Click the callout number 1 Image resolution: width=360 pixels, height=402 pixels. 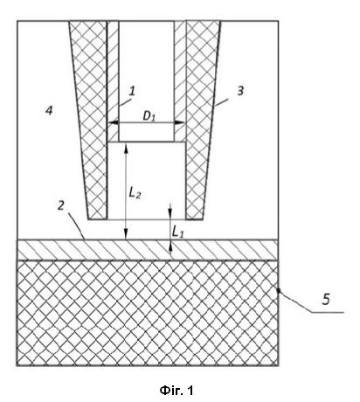point(132,91)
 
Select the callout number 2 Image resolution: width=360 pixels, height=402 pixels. point(61,205)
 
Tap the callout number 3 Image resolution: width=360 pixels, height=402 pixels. point(240,91)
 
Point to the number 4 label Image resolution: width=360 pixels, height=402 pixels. point(49,110)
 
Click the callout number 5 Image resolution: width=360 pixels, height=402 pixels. point(326,299)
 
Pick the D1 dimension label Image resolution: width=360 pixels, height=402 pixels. point(149,116)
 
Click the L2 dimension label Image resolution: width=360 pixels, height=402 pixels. point(135,193)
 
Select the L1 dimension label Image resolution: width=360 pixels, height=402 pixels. point(177,232)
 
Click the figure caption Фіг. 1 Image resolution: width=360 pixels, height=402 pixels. point(177,390)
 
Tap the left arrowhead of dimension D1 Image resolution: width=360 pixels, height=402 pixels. point(113,122)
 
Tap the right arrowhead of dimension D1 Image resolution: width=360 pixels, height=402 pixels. point(180,122)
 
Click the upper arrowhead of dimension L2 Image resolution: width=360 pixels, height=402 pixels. point(126,148)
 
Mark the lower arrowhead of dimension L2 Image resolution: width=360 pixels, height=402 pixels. point(126,234)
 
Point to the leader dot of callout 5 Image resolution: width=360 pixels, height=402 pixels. point(279,290)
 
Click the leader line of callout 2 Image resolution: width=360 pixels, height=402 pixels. point(76,225)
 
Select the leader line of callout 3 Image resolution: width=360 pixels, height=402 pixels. point(221,102)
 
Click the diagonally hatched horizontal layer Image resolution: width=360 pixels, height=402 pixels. point(148,250)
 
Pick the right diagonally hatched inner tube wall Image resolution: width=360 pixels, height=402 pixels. point(180,81)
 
